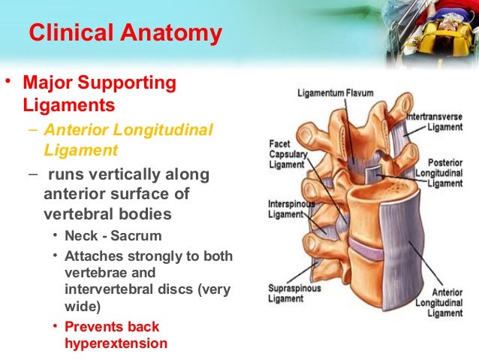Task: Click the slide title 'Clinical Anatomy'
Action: [125, 34]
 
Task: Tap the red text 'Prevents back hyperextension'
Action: [113, 335]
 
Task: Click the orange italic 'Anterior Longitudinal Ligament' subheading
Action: [128, 140]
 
